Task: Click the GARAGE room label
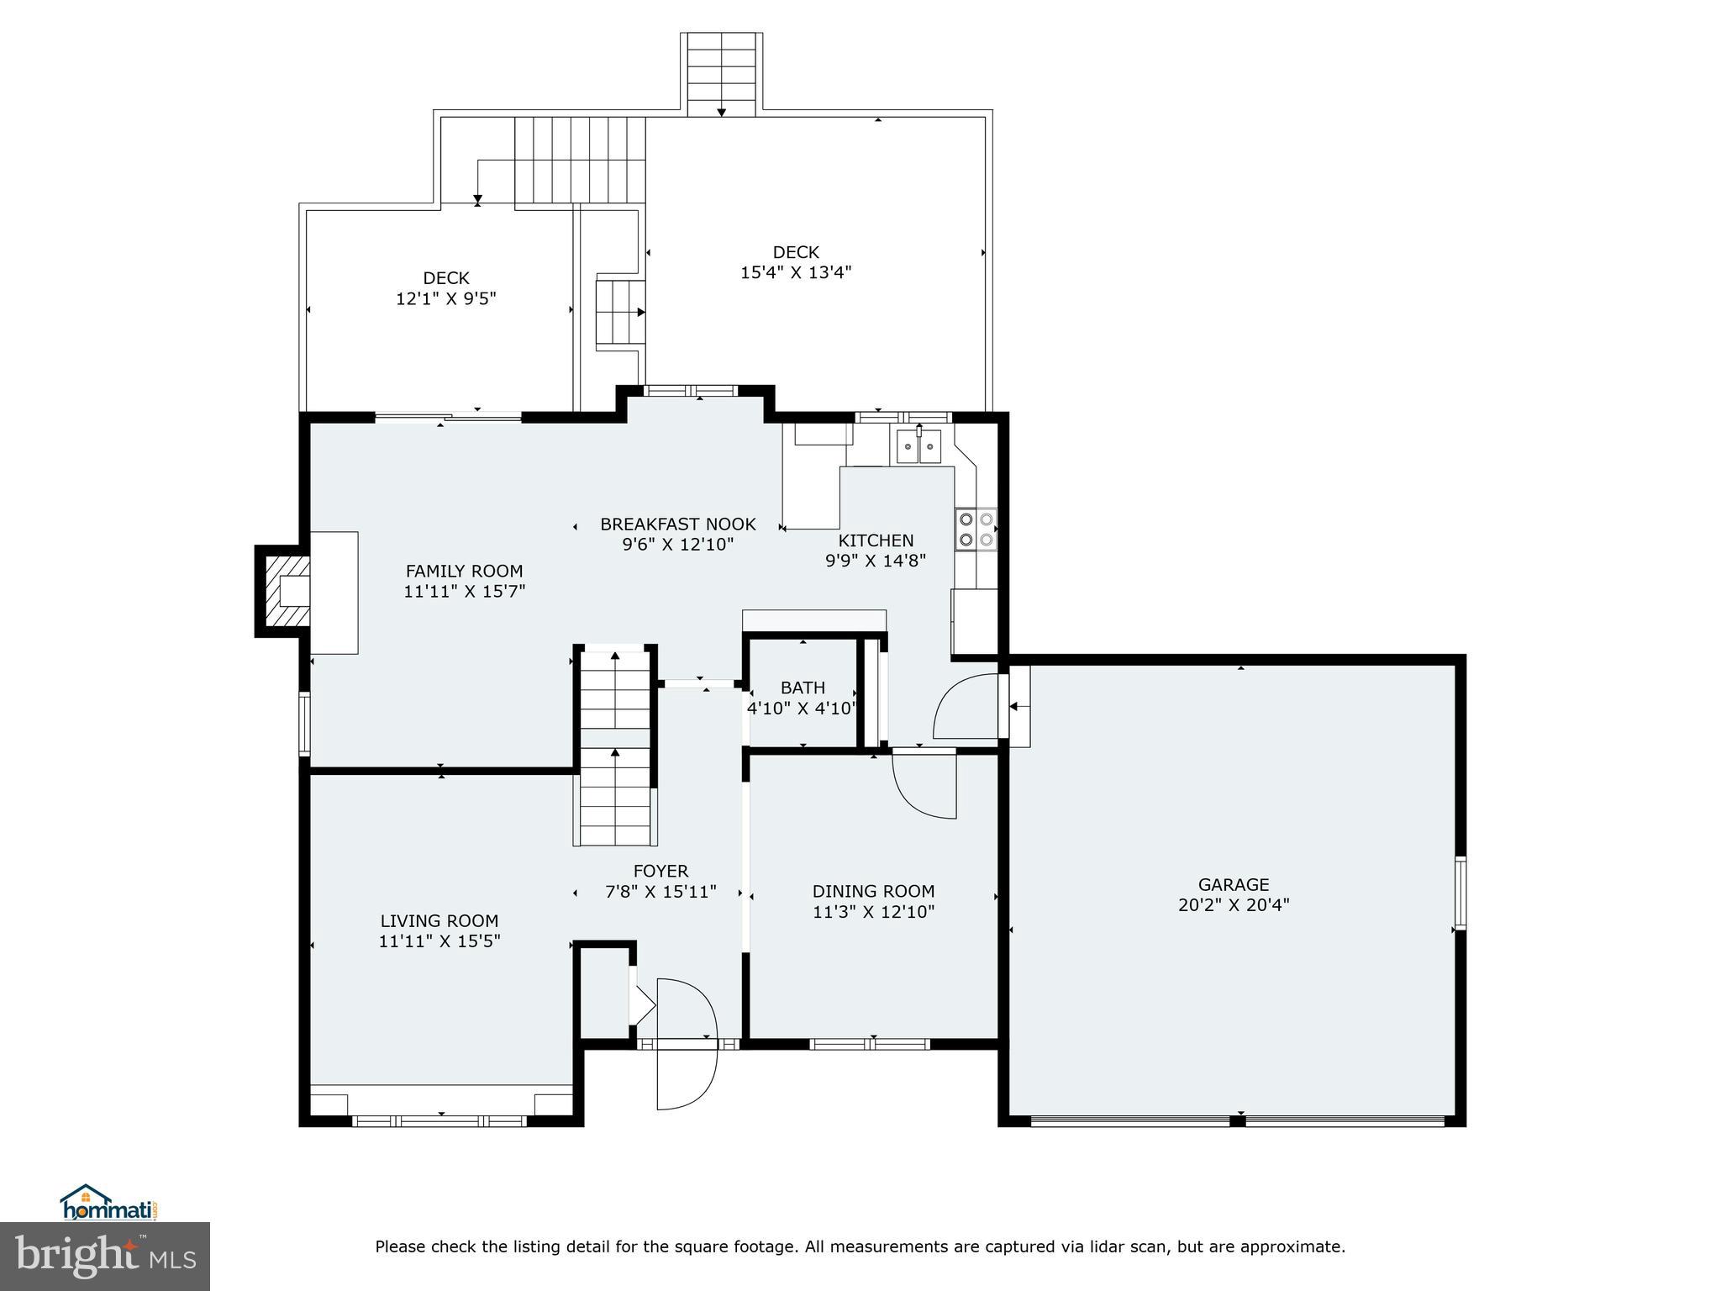(x=1233, y=884)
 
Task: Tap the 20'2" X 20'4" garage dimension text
(x=1233, y=905)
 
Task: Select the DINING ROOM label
(x=873, y=891)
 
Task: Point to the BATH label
(x=803, y=688)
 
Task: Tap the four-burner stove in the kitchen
(x=975, y=530)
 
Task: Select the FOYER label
(x=661, y=872)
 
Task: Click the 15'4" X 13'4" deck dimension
(x=796, y=272)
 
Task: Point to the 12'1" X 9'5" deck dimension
(x=446, y=298)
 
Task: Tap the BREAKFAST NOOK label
(x=677, y=524)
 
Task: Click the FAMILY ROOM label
(x=464, y=571)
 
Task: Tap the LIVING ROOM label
(x=439, y=920)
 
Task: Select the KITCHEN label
(x=876, y=540)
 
